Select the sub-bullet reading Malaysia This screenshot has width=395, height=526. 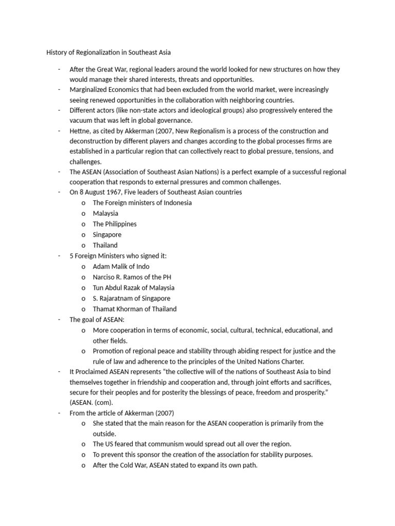[105, 213]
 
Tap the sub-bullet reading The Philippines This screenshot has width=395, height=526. [115, 224]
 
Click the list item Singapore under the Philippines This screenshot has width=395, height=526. [107, 235]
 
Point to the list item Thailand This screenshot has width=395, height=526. [105, 245]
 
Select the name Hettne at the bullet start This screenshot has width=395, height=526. [81, 131]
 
